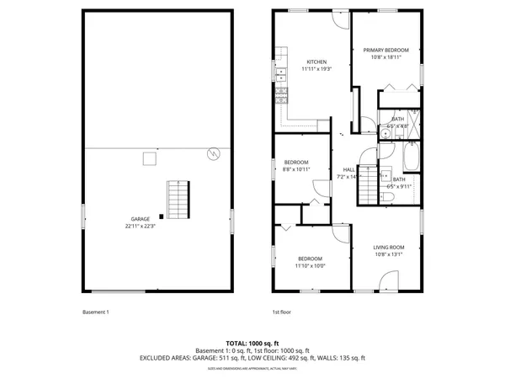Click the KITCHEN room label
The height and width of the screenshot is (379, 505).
tap(316, 62)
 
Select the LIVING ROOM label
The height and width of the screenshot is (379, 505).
tap(389, 247)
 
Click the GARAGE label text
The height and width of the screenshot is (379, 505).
tap(140, 219)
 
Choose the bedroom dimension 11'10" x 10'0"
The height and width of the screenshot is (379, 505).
tap(310, 265)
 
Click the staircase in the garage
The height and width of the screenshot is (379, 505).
tap(178, 199)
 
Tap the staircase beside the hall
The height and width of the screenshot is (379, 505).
tap(369, 185)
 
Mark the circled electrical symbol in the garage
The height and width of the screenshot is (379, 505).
tap(214, 153)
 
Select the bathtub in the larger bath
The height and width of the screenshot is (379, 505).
tap(412, 157)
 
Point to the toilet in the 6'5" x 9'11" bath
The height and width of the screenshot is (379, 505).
tap(391, 197)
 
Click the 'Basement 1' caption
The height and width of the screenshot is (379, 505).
tap(95, 312)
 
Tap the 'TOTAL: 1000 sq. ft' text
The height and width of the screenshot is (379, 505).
tap(252, 344)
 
